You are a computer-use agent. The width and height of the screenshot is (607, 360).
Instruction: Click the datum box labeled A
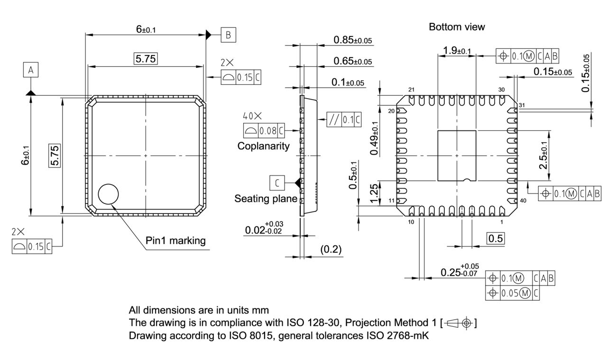31,70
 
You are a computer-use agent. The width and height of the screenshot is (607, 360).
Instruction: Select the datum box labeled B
228,35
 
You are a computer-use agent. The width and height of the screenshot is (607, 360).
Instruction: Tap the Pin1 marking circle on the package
109,194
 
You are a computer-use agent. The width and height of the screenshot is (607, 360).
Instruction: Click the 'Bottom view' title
457,27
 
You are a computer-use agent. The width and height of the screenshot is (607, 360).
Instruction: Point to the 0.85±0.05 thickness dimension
352,40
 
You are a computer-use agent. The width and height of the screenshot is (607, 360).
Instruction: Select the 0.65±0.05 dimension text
352,61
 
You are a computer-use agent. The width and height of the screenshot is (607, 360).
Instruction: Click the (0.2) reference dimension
331,249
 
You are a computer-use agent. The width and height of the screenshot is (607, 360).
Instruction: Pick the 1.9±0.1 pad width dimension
457,51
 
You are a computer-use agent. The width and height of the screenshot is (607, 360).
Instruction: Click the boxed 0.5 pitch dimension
496,239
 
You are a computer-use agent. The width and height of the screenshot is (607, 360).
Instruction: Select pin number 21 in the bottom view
411,90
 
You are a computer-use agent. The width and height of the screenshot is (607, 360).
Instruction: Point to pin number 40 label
523,201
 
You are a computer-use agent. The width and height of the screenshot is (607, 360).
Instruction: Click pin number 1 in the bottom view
502,222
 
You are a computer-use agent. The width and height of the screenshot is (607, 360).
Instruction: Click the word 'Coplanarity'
263,146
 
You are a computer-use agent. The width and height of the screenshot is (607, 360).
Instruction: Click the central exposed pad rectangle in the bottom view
456,156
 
